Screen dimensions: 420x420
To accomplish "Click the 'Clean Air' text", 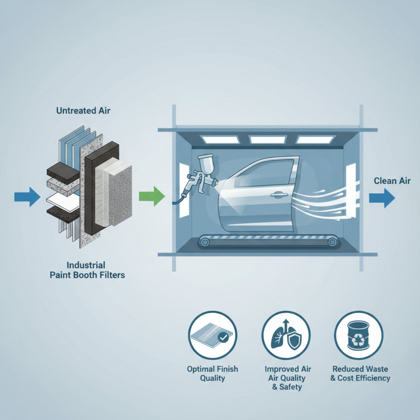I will tap(392, 181).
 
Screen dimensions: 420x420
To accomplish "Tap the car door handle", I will tap(277, 195).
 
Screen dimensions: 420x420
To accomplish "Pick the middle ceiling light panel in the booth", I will tap(266, 140).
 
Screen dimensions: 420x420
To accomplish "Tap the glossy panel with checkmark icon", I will tap(212, 335).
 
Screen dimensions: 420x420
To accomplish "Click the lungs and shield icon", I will tap(286, 335).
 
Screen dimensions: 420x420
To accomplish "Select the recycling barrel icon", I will tap(359, 335).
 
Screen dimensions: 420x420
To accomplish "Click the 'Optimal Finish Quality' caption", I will tap(212, 373).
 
